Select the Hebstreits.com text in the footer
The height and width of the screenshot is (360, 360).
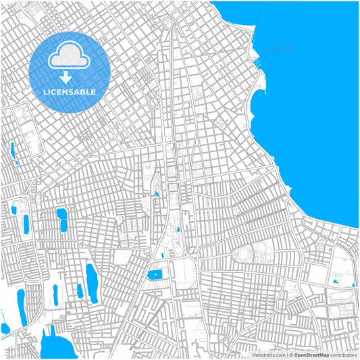click(269, 354)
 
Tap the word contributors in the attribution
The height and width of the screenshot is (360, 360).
click(342, 354)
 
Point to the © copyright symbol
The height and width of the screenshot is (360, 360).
click(291, 354)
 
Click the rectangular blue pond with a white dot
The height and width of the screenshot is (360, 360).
click(155, 275)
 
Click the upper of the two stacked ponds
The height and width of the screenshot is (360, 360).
click(61, 214)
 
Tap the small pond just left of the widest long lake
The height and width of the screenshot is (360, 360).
click(80, 290)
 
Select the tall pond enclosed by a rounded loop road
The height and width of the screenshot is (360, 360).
click(26, 224)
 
